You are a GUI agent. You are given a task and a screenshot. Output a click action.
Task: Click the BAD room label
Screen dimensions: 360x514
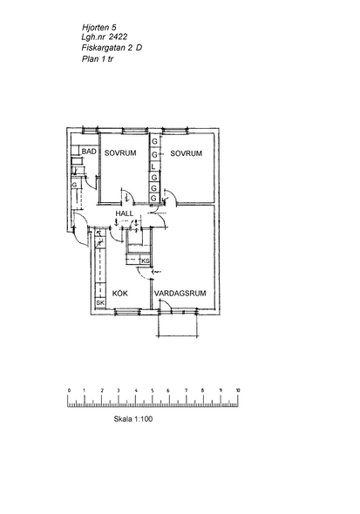89,152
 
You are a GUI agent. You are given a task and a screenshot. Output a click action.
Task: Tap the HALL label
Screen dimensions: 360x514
125,213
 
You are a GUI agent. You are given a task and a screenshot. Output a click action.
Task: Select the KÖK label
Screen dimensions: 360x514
120,294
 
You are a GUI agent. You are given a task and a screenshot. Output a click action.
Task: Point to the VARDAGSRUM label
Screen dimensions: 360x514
180,293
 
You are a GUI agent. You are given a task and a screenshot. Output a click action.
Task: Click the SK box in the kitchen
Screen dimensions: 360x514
100,303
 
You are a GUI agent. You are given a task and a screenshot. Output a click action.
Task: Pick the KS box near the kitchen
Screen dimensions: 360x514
146,261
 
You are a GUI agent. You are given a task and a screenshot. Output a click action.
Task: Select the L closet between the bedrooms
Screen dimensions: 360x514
154,166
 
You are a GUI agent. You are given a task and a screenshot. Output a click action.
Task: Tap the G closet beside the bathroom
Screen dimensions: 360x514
75,185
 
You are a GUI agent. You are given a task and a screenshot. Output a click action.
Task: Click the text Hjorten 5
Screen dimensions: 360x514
99,27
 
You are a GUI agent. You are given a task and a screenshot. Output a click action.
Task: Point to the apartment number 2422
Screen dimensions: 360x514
118,37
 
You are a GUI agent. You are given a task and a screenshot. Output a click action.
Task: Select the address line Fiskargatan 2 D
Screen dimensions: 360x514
112,48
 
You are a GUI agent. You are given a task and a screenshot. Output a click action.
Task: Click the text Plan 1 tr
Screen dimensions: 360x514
98,59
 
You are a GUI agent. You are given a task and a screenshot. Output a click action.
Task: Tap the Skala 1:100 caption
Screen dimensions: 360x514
133,419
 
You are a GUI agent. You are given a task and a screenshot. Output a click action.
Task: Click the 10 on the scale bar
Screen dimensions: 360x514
238,390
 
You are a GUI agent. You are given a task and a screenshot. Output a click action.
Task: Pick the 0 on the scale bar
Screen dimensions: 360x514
69,390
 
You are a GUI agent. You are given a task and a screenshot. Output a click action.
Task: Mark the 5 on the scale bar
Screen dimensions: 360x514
153,390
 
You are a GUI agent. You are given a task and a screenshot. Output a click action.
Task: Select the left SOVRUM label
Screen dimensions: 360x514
120,153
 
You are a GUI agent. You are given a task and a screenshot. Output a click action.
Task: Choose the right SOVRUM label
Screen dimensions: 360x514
187,153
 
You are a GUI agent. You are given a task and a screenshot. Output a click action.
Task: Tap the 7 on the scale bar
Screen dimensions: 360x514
187,390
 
